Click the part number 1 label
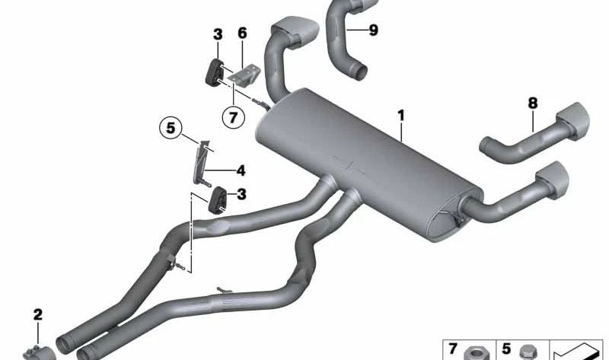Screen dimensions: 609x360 pyautogui.click(x=401, y=116)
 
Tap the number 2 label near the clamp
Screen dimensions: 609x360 pyautogui.click(x=37, y=314)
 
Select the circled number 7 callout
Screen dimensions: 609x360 pyautogui.click(x=234, y=117)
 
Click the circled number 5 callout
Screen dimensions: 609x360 pyautogui.click(x=171, y=127)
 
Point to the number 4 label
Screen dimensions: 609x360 pyautogui.click(x=241, y=170)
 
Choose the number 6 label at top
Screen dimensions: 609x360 pyautogui.click(x=242, y=33)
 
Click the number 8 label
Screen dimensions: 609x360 pyautogui.click(x=533, y=104)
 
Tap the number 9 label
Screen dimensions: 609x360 pyautogui.click(x=373, y=30)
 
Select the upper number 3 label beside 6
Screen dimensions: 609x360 pyautogui.click(x=218, y=34)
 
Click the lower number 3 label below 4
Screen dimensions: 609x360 pyautogui.click(x=241, y=194)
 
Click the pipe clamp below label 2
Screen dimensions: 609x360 pyautogui.click(x=38, y=352)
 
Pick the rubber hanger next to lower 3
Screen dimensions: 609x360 pyautogui.click(x=218, y=200)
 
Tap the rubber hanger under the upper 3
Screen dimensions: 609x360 pyautogui.click(x=215, y=72)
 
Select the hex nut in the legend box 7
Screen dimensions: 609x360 pyautogui.click(x=477, y=353)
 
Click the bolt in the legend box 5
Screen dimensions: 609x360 pyautogui.click(x=528, y=352)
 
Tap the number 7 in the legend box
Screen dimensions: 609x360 pyautogui.click(x=452, y=349)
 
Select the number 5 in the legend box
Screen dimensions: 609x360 pyautogui.click(x=506, y=349)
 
